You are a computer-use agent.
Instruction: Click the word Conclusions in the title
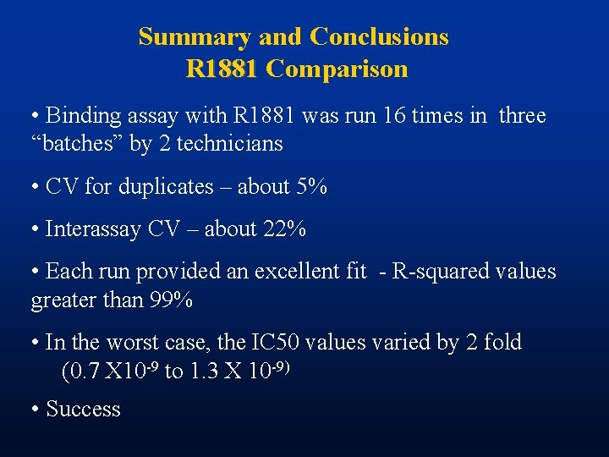tap(379, 37)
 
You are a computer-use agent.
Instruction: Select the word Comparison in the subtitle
tap(337, 69)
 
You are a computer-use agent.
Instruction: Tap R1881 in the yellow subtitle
tap(222, 69)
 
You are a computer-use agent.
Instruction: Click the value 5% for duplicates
tap(310, 186)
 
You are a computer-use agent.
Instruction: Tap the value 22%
tap(284, 228)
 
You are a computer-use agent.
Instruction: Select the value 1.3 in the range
tap(204, 372)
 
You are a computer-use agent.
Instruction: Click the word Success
tap(83, 409)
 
